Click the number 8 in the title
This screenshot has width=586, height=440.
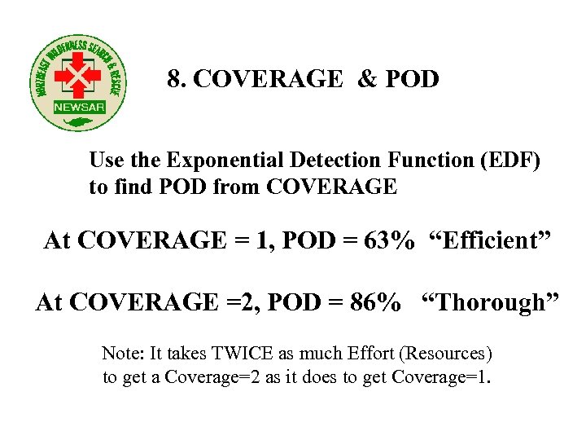tap(173, 79)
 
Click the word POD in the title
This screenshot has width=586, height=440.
tap(413, 79)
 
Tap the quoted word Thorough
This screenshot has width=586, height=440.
tap(490, 303)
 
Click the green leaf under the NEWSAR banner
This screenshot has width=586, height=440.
tap(79, 122)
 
